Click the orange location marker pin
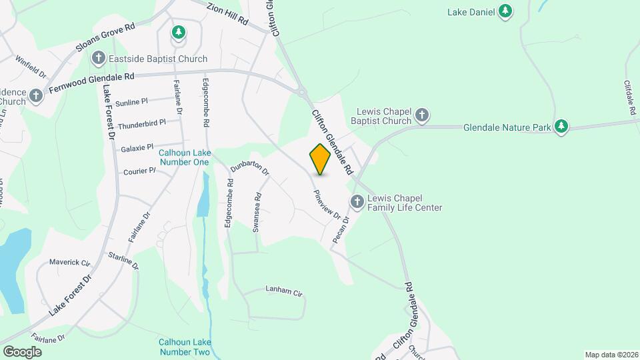[x=321, y=159]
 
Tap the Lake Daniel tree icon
[x=506, y=11]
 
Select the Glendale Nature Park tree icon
[x=561, y=126]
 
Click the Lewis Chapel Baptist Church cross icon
[x=421, y=116]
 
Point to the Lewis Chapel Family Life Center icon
[x=357, y=201]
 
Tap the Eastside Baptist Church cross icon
[x=99, y=58]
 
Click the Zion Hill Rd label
[x=227, y=14]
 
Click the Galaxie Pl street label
[x=137, y=147]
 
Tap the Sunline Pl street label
[x=131, y=102]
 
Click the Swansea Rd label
[x=257, y=212]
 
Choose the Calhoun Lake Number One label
[x=184, y=157]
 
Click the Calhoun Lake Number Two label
[x=185, y=347]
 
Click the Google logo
[x=22, y=351]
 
